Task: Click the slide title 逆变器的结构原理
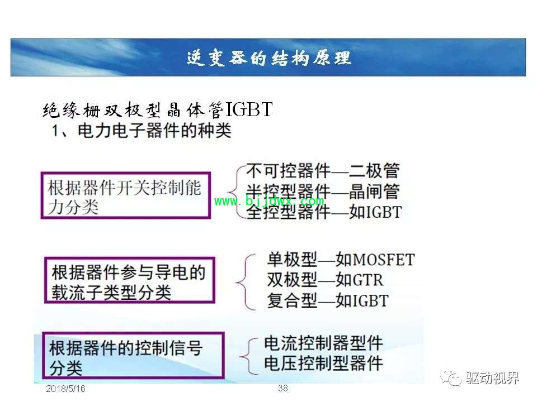click(x=269, y=58)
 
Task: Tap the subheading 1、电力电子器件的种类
click(x=142, y=131)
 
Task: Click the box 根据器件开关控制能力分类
click(x=125, y=195)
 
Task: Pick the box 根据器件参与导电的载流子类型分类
click(x=130, y=280)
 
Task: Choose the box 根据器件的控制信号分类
click(x=133, y=356)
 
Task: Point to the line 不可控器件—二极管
click(x=323, y=171)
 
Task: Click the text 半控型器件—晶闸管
click(x=323, y=192)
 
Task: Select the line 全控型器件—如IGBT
click(x=324, y=212)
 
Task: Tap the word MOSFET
click(x=384, y=260)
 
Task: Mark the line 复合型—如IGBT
click(x=328, y=301)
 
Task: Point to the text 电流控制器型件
click(x=323, y=343)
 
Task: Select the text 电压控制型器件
click(x=323, y=363)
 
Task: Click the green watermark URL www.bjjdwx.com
click(x=269, y=201)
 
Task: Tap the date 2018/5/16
click(x=65, y=389)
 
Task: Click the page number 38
click(x=283, y=388)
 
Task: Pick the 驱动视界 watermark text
click(x=492, y=378)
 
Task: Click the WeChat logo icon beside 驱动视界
click(x=451, y=378)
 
